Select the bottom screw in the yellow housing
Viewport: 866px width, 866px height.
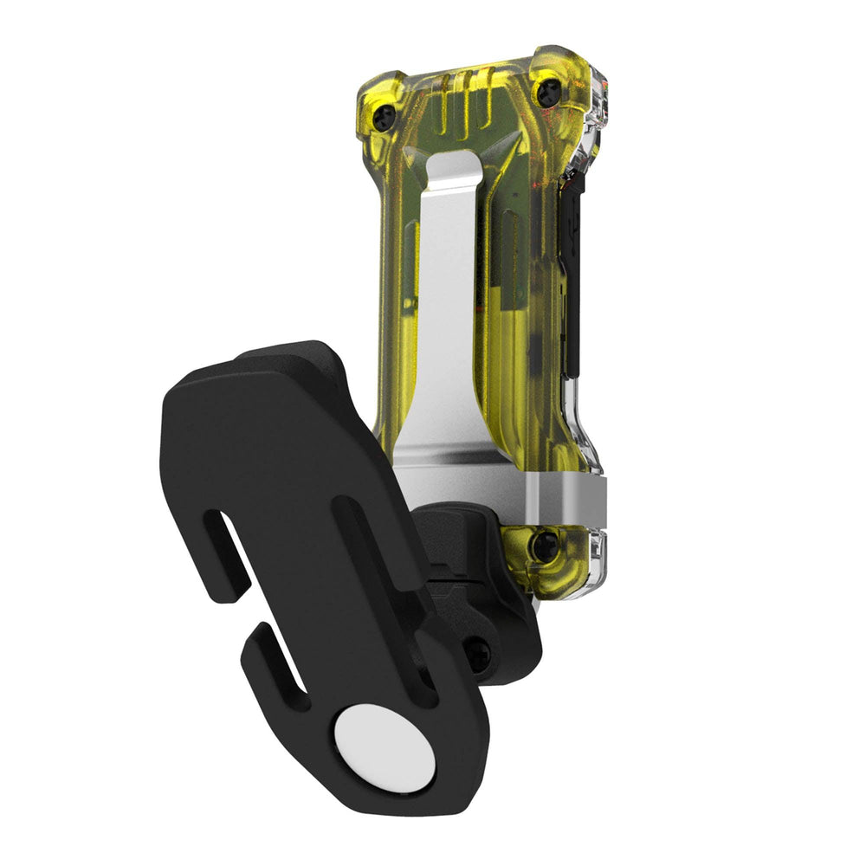(544, 546)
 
